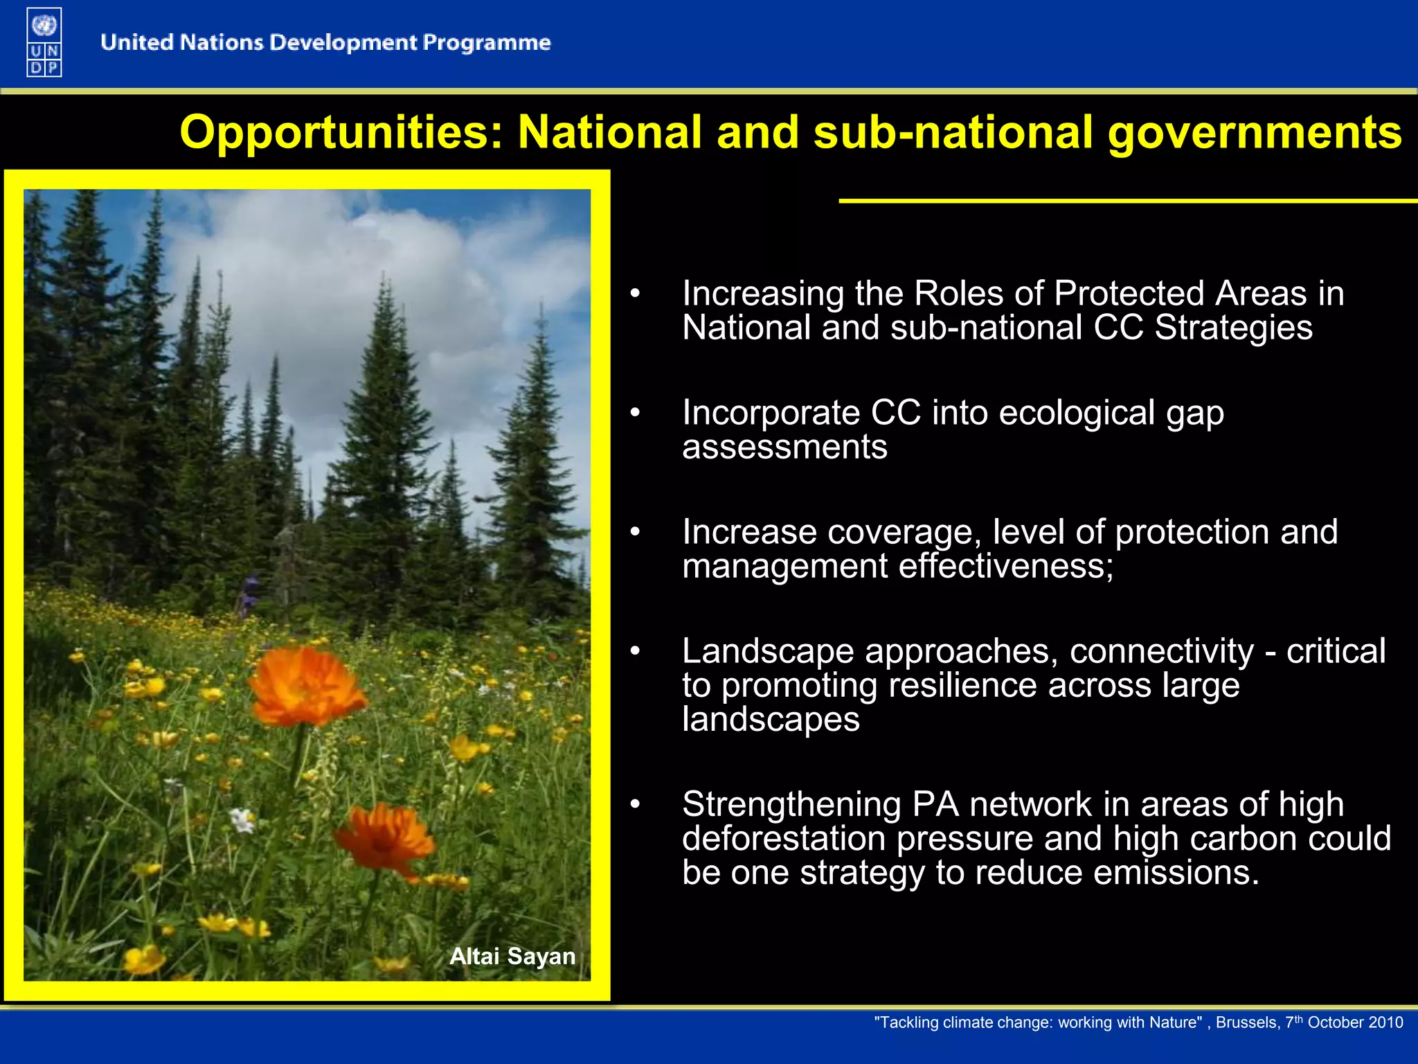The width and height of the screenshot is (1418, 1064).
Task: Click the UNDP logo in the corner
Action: (44, 42)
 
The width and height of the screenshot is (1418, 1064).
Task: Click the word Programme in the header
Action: (487, 43)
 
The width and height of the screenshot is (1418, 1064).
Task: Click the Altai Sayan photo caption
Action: (512, 956)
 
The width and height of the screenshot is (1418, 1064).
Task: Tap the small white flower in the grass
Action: (242, 821)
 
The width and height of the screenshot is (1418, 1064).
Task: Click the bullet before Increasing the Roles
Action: (635, 294)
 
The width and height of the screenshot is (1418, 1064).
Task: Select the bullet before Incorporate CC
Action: (635, 413)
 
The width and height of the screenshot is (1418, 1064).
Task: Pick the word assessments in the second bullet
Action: (784, 447)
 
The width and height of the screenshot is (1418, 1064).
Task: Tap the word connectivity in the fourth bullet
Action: (1161, 651)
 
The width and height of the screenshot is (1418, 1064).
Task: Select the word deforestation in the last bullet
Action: (784, 838)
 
